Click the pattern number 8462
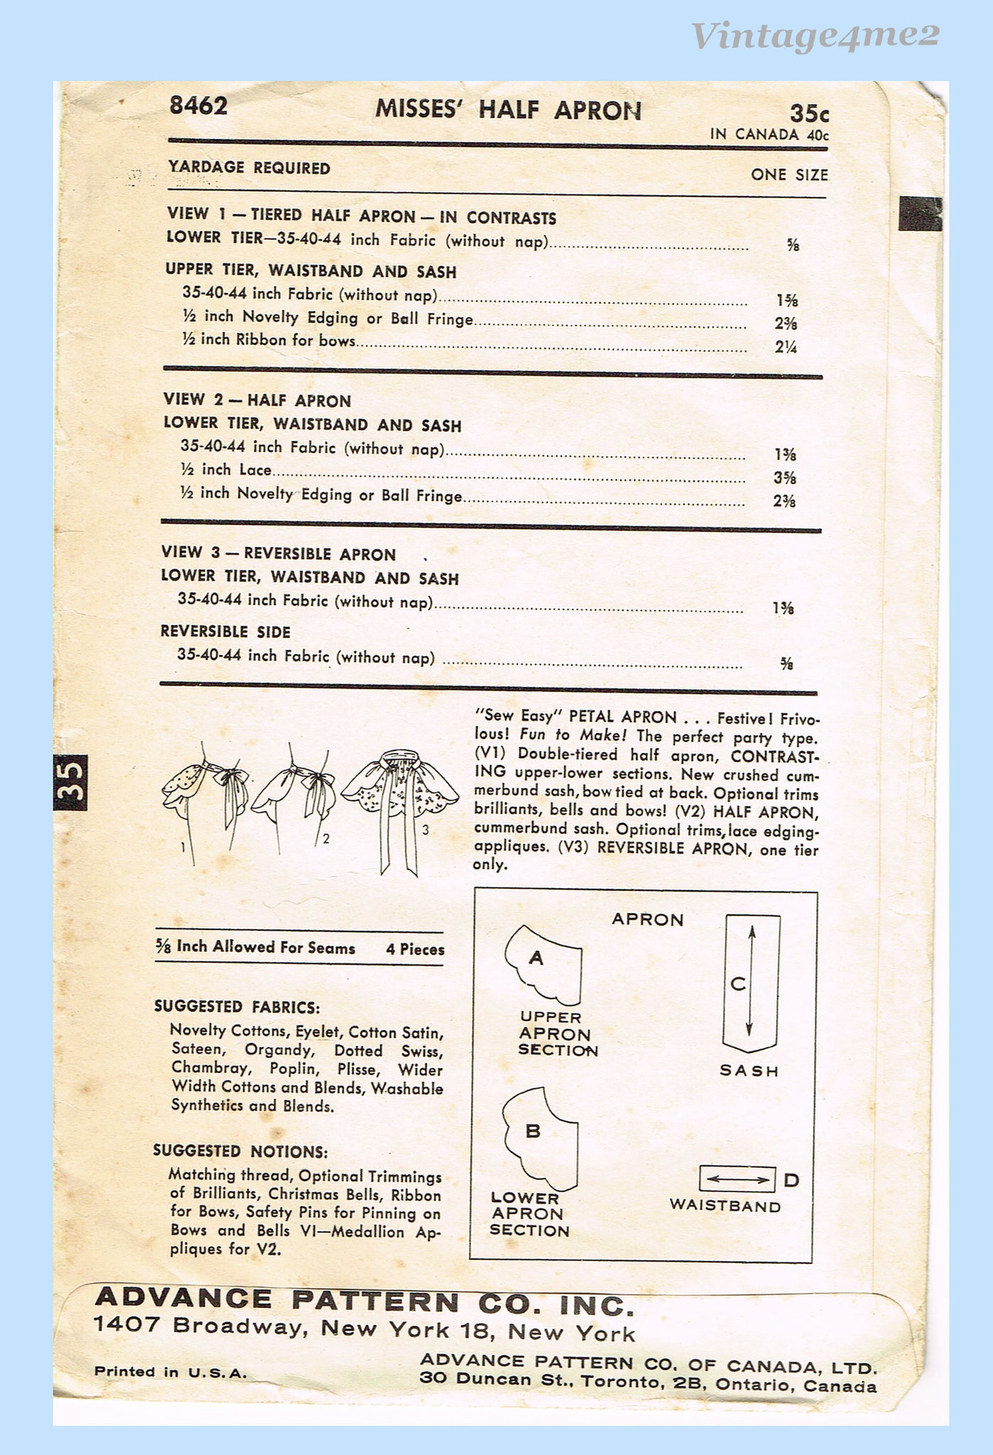coord(198,106)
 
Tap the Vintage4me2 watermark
coord(815,36)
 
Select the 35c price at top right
coord(809,114)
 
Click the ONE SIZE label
coord(789,175)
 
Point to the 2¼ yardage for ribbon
coord(786,347)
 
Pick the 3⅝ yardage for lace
coord(785,477)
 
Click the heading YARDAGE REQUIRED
coord(249,168)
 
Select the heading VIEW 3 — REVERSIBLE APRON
coord(278,553)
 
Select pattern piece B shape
coord(541,1137)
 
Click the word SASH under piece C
coord(749,1071)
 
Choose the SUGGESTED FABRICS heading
coord(237,1007)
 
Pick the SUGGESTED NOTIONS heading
coord(240,1152)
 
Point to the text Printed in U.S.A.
coord(170,1372)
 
